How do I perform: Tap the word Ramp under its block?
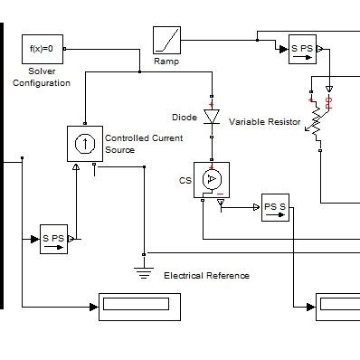tap(166, 62)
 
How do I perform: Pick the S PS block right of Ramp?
tap(301, 51)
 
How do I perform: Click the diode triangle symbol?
tap(212, 117)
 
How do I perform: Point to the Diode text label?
tap(184, 118)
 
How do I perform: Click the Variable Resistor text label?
tap(265, 121)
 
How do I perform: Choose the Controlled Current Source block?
tap(84, 143)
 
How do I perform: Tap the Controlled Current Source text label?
tap(131, 144)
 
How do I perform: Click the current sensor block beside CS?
tap(212, 180)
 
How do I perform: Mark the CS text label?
tap(185, 181)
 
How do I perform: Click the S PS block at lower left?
tap(53, 239)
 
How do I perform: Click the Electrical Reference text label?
tap(205, 275)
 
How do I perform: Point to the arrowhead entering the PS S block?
tap(256, 207)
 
